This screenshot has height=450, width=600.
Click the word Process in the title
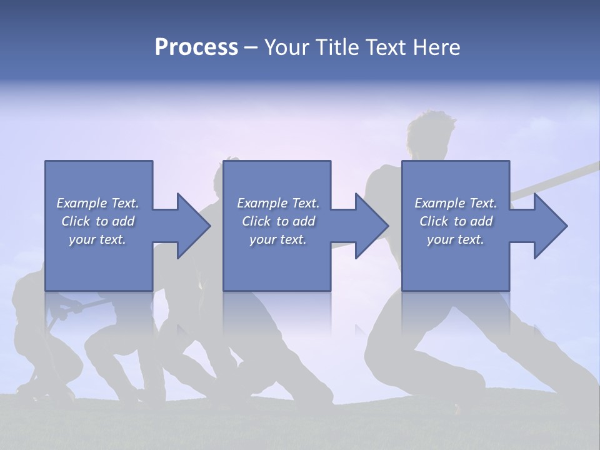point(196,47)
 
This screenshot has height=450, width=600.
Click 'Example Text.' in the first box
point(97,203)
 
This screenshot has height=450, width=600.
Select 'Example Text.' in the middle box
point(278,203)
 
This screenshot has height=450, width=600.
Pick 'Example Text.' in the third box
point(456,203)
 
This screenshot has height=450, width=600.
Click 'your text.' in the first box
point(97,239)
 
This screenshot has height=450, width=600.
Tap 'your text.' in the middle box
point(278,239)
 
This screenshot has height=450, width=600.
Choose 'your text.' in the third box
point(456,239)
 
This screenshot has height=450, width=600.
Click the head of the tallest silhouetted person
point(430,131)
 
